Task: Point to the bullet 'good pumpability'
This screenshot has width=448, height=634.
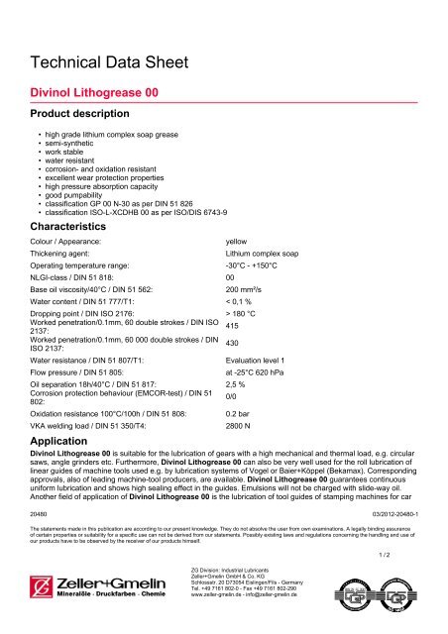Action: coord(72,197)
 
